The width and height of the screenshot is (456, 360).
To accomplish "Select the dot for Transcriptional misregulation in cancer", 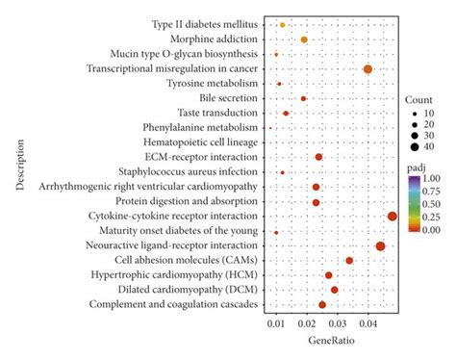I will coord(367,69).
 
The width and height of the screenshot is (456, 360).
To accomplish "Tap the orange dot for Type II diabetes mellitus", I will coord(282,25).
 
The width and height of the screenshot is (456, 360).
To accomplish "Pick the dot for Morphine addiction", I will coord(305,39).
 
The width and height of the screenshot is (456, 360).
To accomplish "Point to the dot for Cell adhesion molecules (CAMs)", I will coord(349,261).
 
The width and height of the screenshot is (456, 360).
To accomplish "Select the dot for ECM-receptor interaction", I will coord(318,157).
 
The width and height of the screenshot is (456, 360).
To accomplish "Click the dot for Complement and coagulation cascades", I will coord(322,304).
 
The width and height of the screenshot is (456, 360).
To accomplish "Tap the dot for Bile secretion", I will coord(304,98).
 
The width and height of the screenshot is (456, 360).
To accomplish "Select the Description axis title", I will coord(20,165).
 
